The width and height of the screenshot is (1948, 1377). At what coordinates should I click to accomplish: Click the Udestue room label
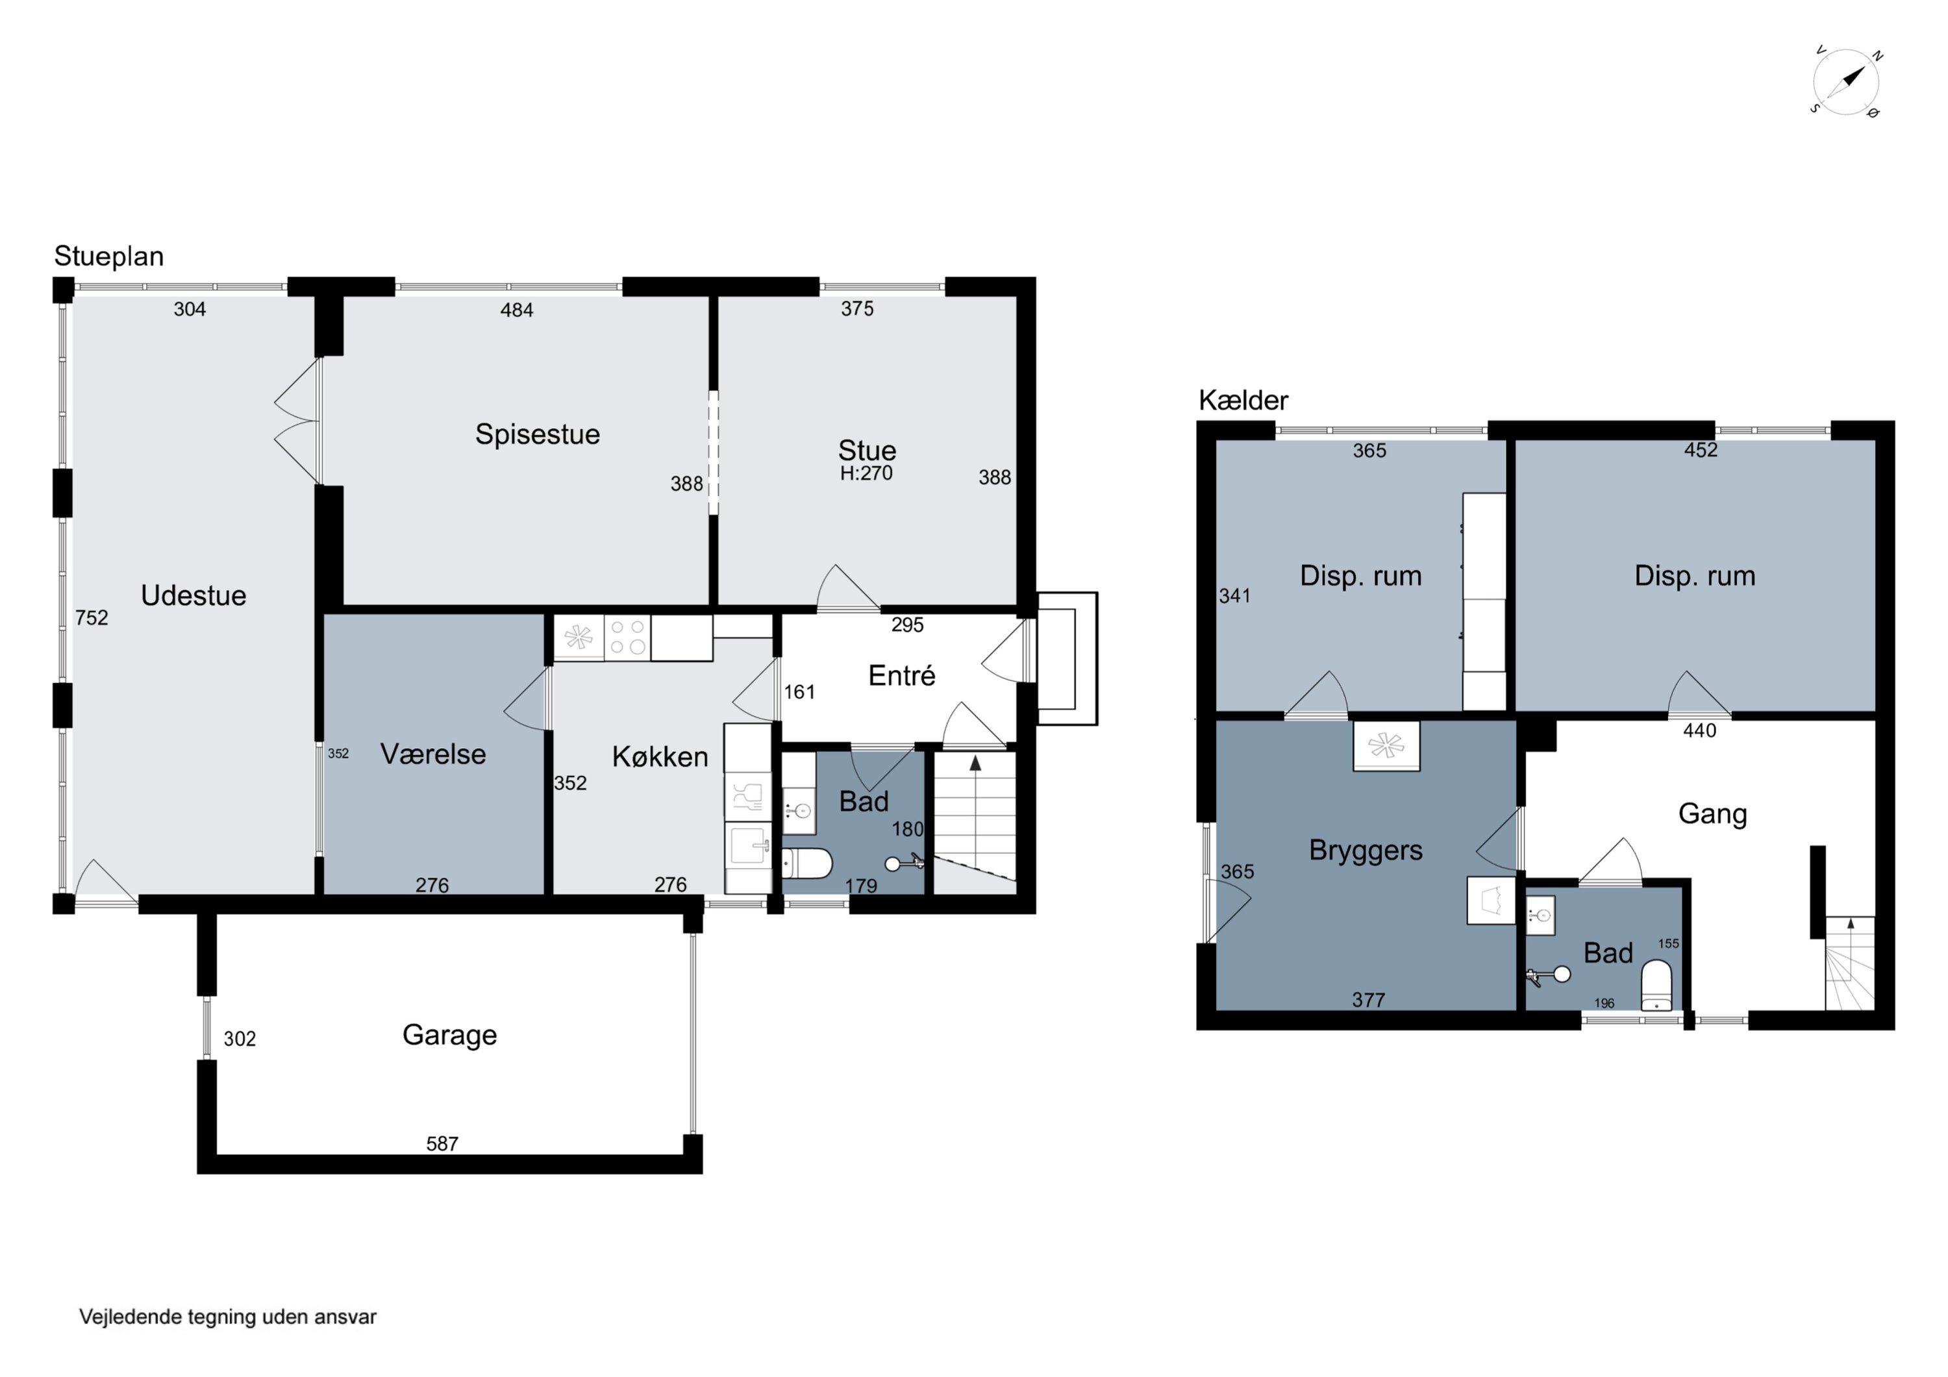194,595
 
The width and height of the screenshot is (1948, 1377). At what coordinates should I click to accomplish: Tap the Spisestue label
537,434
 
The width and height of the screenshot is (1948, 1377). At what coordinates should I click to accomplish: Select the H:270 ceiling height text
866,473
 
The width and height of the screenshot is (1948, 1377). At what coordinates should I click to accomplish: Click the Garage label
450,1035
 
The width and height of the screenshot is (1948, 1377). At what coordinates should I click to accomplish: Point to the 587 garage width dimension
442,1144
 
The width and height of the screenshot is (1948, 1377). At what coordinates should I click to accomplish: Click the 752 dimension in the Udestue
92,617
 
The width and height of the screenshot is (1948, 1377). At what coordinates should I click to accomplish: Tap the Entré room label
902,675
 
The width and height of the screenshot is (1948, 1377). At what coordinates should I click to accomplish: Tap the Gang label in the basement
1712,813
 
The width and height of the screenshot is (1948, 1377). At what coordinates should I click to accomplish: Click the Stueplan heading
108,256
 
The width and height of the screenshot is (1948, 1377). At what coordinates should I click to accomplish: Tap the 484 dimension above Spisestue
517,310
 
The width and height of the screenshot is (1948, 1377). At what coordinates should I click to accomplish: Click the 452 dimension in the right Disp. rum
1700,450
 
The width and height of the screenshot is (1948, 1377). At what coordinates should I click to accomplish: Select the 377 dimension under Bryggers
1369,1000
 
